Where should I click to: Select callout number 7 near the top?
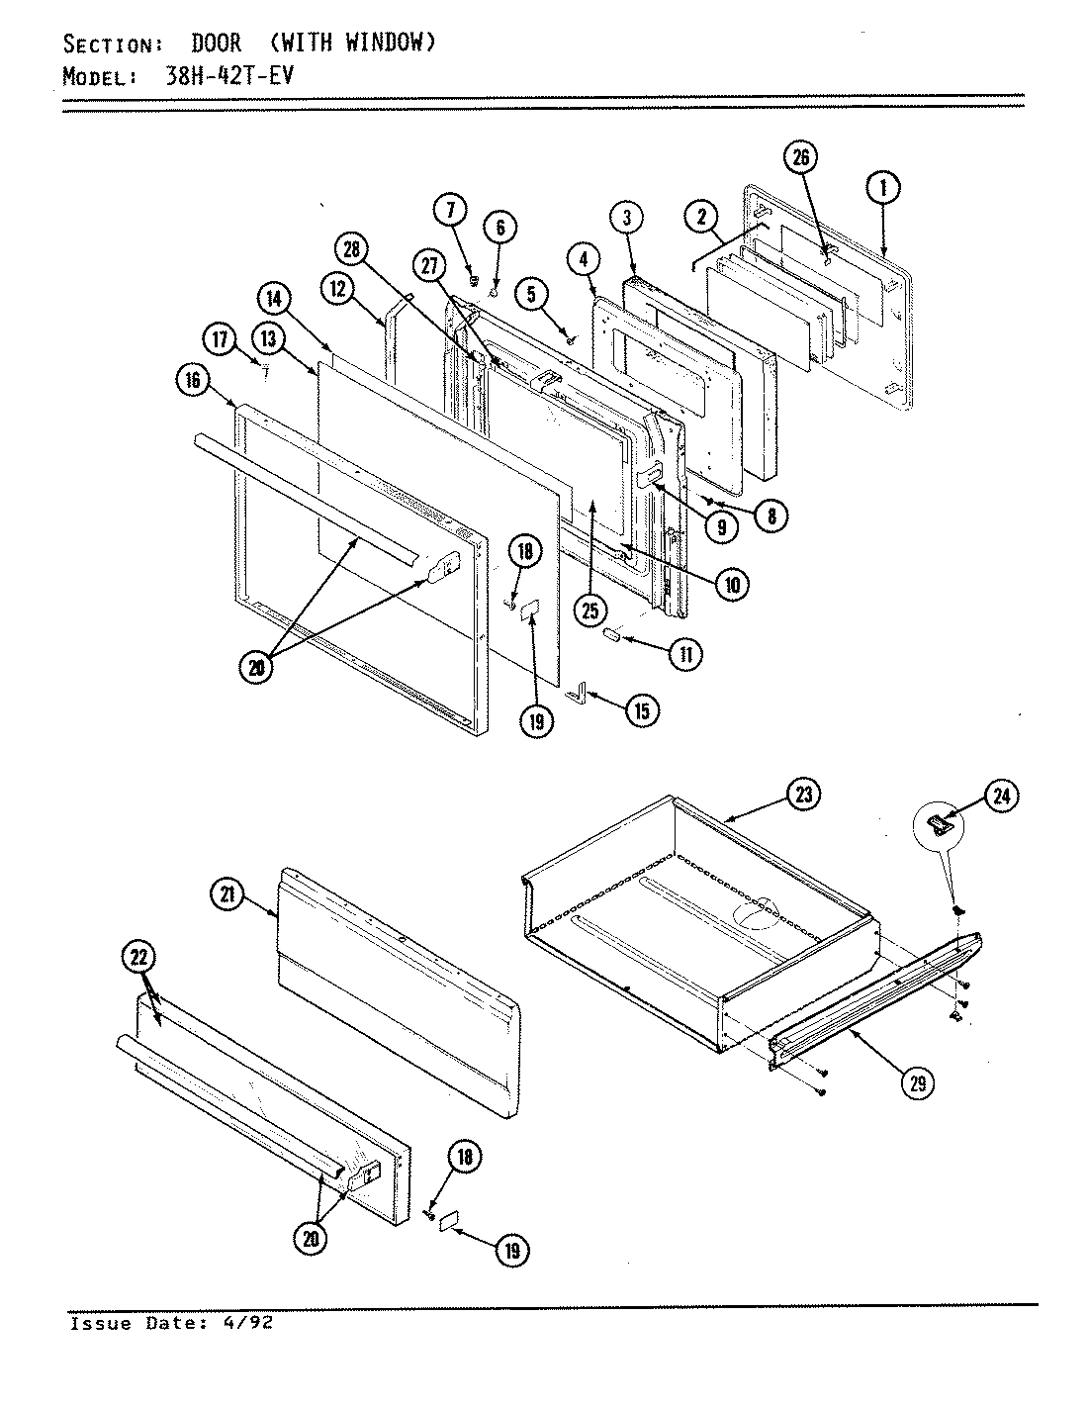450,211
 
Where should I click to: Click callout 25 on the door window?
590,611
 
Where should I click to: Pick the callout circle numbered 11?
684,653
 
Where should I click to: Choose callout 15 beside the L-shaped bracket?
643,710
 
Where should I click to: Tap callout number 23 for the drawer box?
804,794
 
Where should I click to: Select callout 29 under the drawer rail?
918,1083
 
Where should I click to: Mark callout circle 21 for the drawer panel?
227,894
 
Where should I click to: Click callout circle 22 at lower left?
139,957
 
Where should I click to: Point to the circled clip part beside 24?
939,823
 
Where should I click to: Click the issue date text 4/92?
251,1323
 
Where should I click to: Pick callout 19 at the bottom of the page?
512,1250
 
